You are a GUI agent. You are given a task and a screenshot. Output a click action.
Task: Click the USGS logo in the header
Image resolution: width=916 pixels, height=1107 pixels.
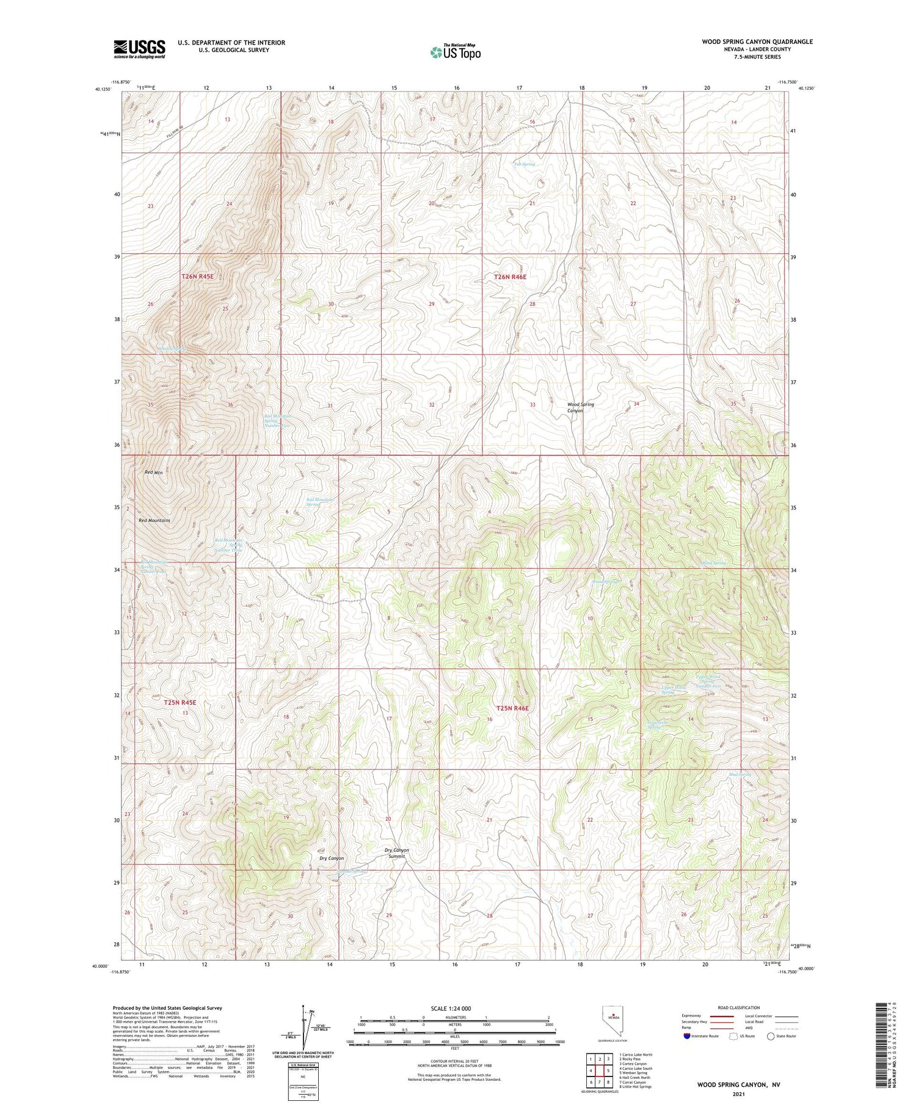tap(139, 49)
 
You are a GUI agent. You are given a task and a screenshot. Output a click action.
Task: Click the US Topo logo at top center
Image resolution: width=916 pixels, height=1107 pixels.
tap(455, 53)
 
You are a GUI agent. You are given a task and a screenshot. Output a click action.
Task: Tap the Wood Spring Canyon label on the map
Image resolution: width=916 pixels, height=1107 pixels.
tap(580, 407)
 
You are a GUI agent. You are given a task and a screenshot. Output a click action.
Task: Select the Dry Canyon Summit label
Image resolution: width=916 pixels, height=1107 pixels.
tap(396, 853)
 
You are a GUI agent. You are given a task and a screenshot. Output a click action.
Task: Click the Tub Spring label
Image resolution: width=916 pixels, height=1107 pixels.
tap(524, 164)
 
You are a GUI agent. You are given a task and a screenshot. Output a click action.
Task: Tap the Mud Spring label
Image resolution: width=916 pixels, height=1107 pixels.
tap(740, 774)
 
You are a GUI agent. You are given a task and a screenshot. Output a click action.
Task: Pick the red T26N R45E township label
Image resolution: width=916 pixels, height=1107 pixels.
tap(197, 277)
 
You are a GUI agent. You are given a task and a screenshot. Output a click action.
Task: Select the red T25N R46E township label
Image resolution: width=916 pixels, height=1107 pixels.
tap(511, 708)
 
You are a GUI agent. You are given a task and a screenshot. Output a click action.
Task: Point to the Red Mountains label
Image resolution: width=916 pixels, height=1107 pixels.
tap(154, 520)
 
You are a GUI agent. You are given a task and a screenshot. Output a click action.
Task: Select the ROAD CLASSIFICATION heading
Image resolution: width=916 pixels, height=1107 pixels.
tap(739, 1007)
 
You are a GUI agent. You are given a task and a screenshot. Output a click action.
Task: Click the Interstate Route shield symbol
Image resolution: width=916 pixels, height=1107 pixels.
tap(688, 1036)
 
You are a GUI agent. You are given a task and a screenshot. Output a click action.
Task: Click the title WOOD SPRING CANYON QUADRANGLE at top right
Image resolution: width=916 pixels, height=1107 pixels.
tap(757, 42)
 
